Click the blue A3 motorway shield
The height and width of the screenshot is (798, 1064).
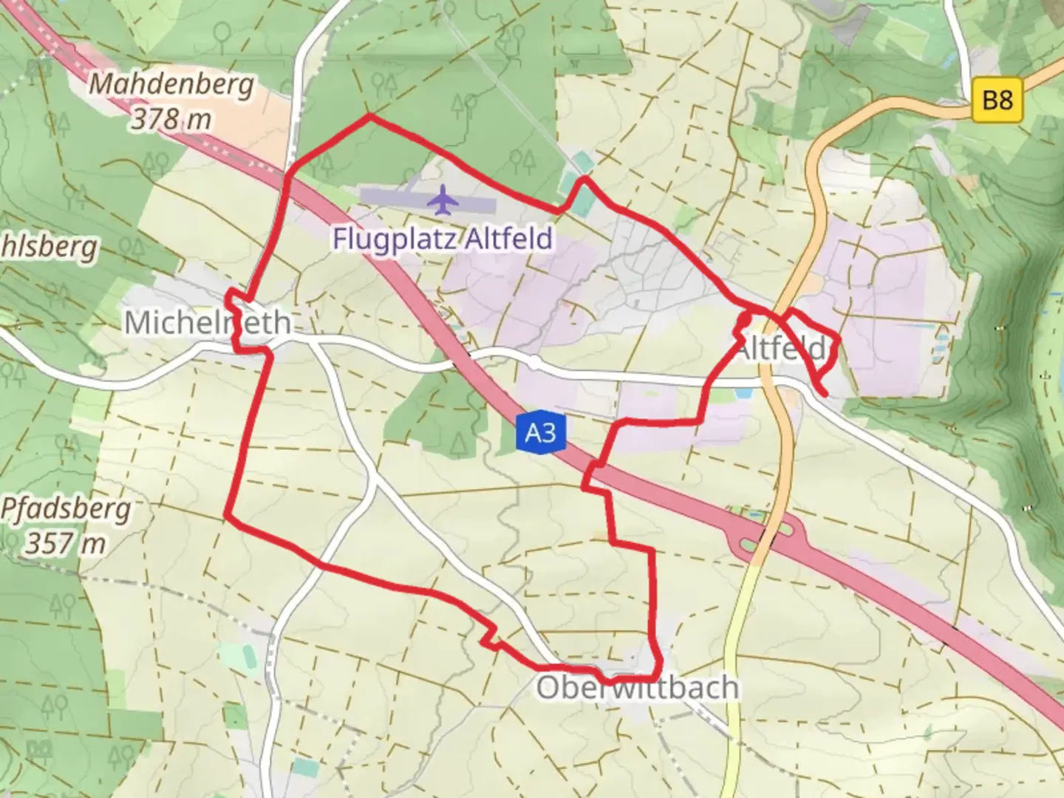click(540, 432)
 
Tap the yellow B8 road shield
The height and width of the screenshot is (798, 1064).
click(997, 99)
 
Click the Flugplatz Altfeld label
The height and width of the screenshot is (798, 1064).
click(443, 239)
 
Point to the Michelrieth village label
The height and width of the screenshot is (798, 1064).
click(207, 323)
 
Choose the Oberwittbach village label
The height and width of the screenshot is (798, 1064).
click(637, 688)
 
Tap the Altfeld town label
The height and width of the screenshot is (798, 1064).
click(782, 348)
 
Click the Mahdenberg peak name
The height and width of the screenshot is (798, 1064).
click(171, 85)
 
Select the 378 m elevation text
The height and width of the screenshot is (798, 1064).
click(171, 119)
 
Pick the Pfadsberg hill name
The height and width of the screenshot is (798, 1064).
click(66, 508)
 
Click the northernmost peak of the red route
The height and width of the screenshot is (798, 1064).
click(369, 116)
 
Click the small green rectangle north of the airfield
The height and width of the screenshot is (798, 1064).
click(582, 160)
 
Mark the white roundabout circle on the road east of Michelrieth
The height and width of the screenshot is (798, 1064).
click(534, 364)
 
